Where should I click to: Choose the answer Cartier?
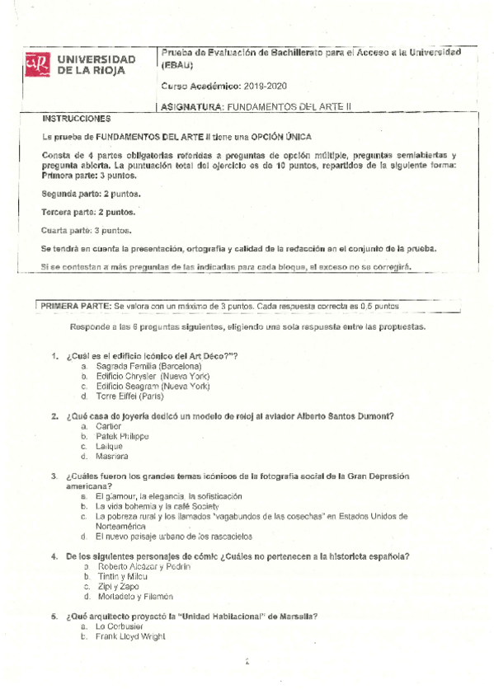109,426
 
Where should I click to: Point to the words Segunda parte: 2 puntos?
90,194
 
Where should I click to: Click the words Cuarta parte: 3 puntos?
86,230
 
